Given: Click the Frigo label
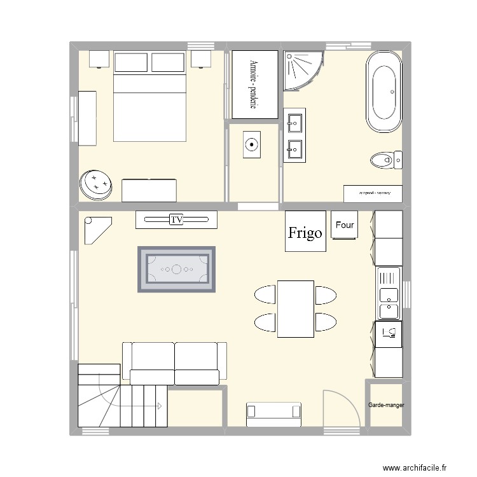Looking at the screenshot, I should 305,233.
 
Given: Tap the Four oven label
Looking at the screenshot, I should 345,225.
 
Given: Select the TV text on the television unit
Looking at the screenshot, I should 177,220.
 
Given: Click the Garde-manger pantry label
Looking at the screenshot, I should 386,404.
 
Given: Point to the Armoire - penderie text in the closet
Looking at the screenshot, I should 254,85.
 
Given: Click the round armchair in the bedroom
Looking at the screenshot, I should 95,184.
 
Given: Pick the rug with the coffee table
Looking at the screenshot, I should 176,269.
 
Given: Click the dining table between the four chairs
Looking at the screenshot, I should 295,308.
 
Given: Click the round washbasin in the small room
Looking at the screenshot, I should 252,145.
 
